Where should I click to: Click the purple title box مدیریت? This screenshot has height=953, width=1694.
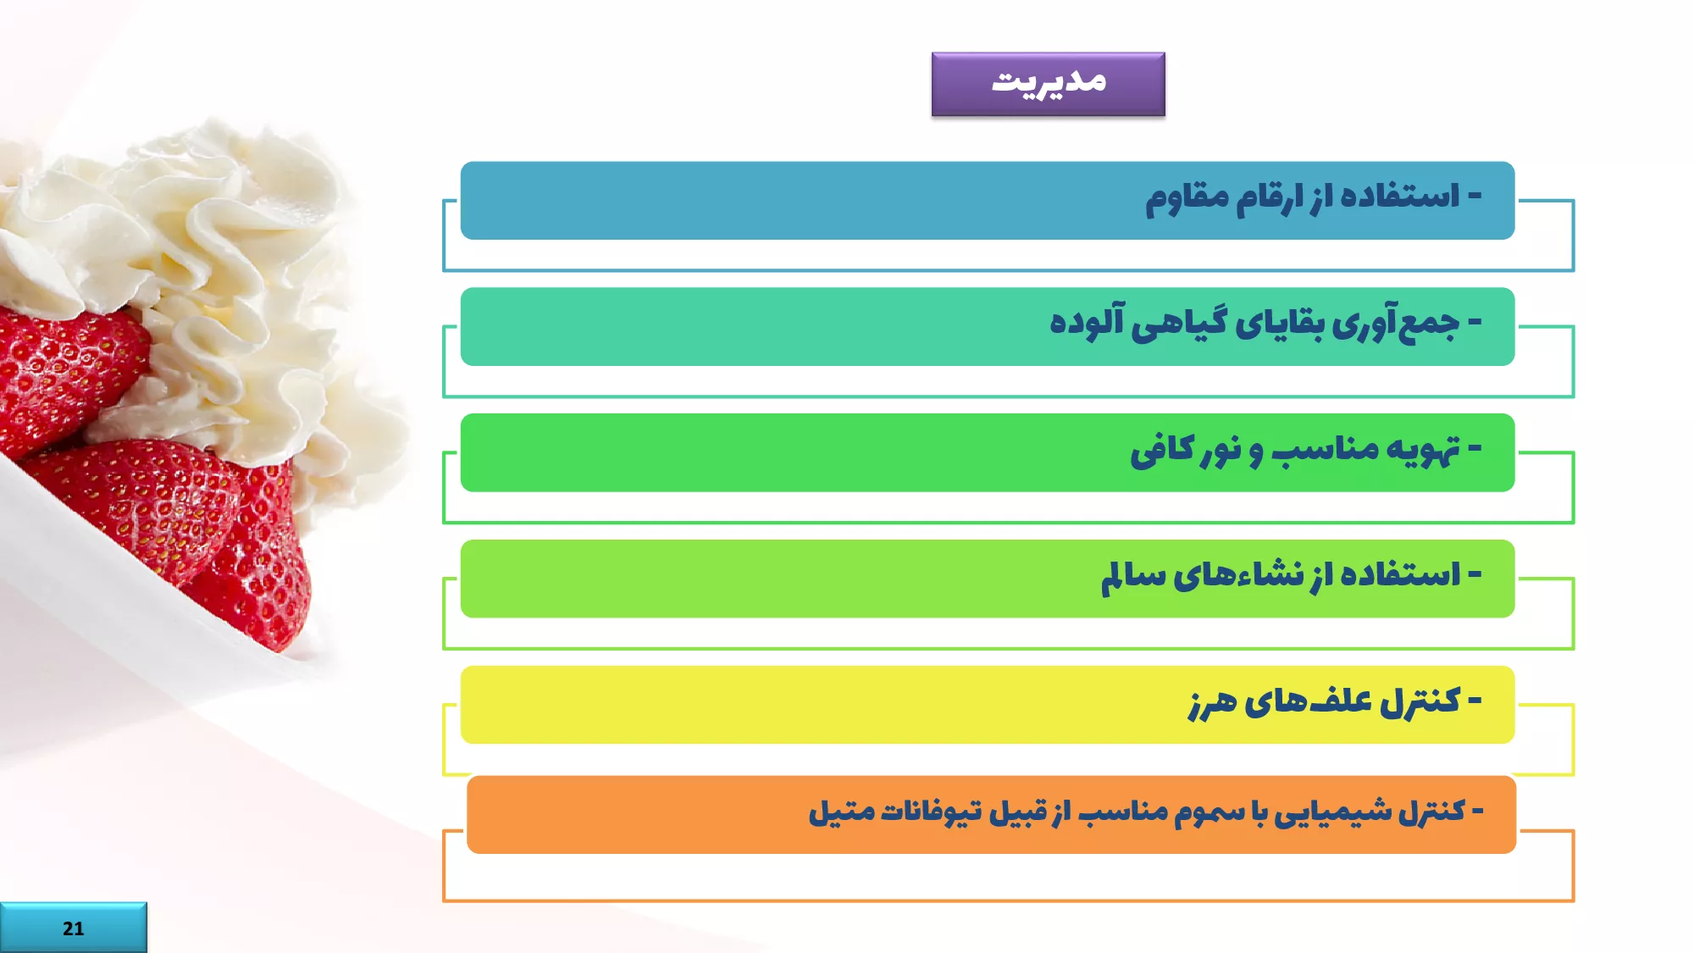click(x=1048, y=84)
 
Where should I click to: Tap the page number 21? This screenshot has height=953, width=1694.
click(x=73, y=928)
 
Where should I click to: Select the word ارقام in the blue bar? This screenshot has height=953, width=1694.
click(x=1270, y=199)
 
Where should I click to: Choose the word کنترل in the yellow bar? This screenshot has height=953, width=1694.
click(x=1420, y=701)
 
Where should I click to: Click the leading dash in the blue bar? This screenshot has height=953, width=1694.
click(x=1475, y=197)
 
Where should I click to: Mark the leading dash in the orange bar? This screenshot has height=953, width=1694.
click(x=1477, y=812)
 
